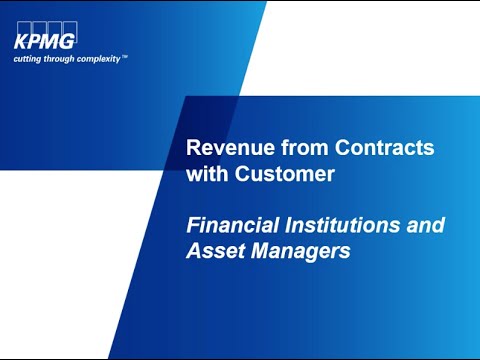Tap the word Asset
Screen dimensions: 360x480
(x=214, y=252)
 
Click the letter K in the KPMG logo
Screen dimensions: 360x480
(x=21, y=43)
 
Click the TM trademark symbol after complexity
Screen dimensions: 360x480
(x=125, y=56)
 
